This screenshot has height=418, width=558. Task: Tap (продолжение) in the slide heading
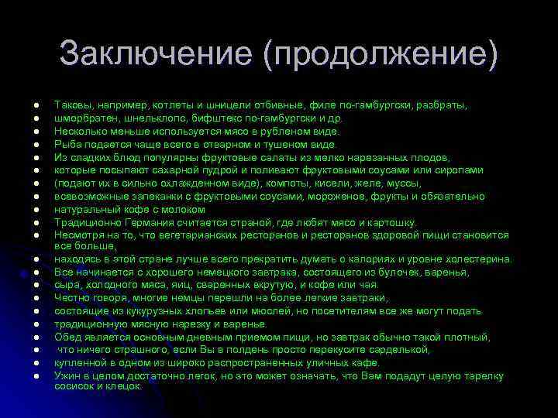point(379,53)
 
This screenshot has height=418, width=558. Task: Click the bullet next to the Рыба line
point(36,144)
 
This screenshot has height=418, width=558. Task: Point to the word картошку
point(393,222)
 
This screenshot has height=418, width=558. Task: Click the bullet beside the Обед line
point(36,337)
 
